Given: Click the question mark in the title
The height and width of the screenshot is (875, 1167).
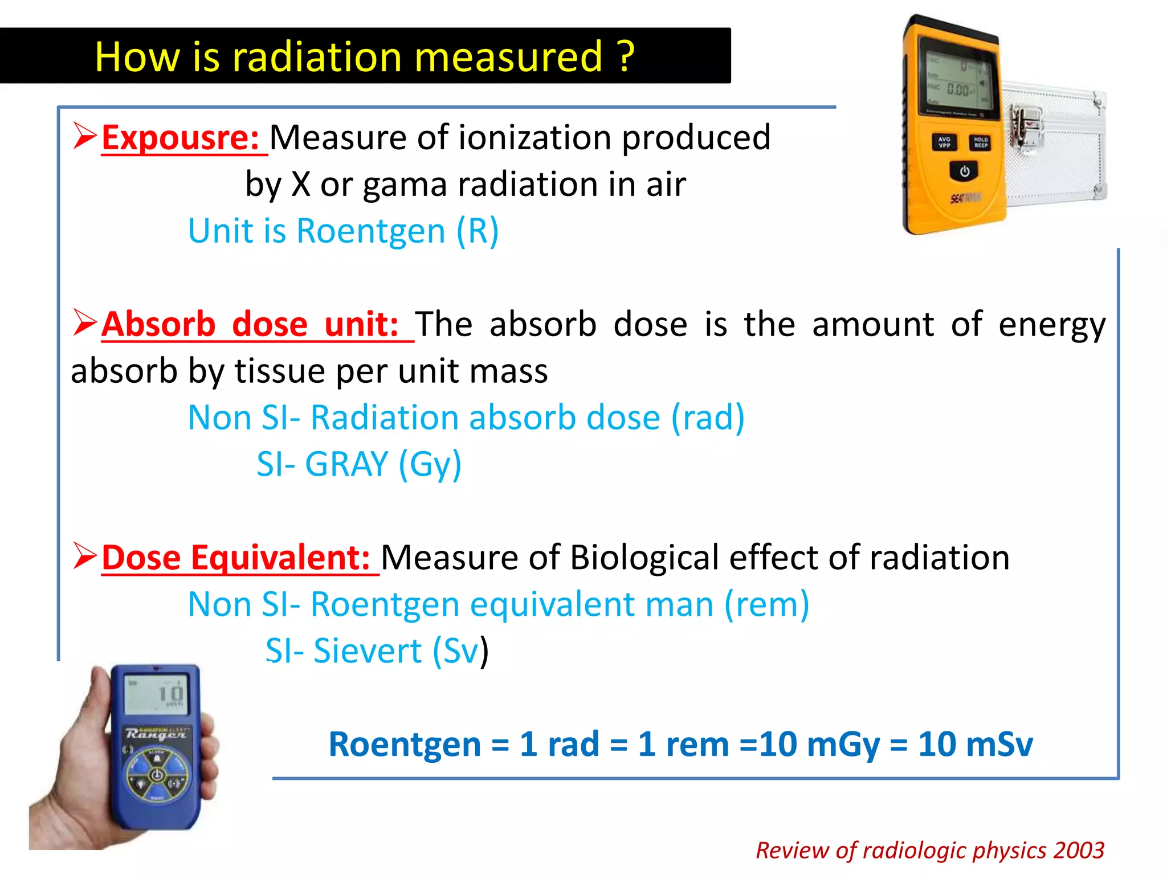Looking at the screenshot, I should tap(626, 57).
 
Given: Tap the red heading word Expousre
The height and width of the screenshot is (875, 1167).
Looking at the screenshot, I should tap(180, 138).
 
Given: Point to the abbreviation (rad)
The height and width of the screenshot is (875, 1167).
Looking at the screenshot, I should tap(708, 418).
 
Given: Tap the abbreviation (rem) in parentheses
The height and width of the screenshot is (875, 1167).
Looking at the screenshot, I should tap(766, 604).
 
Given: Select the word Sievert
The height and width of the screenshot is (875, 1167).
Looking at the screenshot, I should tap(368, 651).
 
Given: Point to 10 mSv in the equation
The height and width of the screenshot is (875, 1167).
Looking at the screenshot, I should tap(975, 745).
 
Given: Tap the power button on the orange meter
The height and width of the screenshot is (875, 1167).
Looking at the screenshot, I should tap(964, 171).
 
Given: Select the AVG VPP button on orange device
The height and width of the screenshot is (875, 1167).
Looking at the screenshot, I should tap(944, 142).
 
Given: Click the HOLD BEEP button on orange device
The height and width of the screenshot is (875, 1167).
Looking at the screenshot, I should tap(981, 142).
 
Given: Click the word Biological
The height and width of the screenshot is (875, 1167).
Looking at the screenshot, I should tap(644, 558).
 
